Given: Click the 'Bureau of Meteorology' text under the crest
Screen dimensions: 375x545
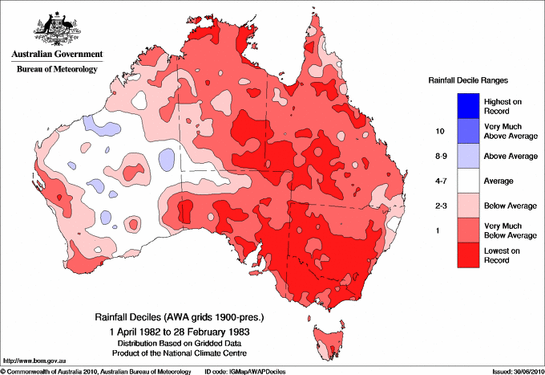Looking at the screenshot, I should click(56, 70).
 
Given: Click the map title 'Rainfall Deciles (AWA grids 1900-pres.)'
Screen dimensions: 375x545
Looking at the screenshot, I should click(175, 318).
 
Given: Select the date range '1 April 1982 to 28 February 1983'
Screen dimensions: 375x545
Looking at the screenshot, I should click(175, 332).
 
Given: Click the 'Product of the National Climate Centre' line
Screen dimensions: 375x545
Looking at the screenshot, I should click(175, 353).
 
